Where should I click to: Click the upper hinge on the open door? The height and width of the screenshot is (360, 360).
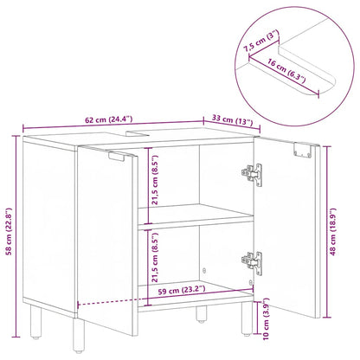point(251,173)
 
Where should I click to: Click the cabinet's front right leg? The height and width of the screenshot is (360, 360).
point(202,321)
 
